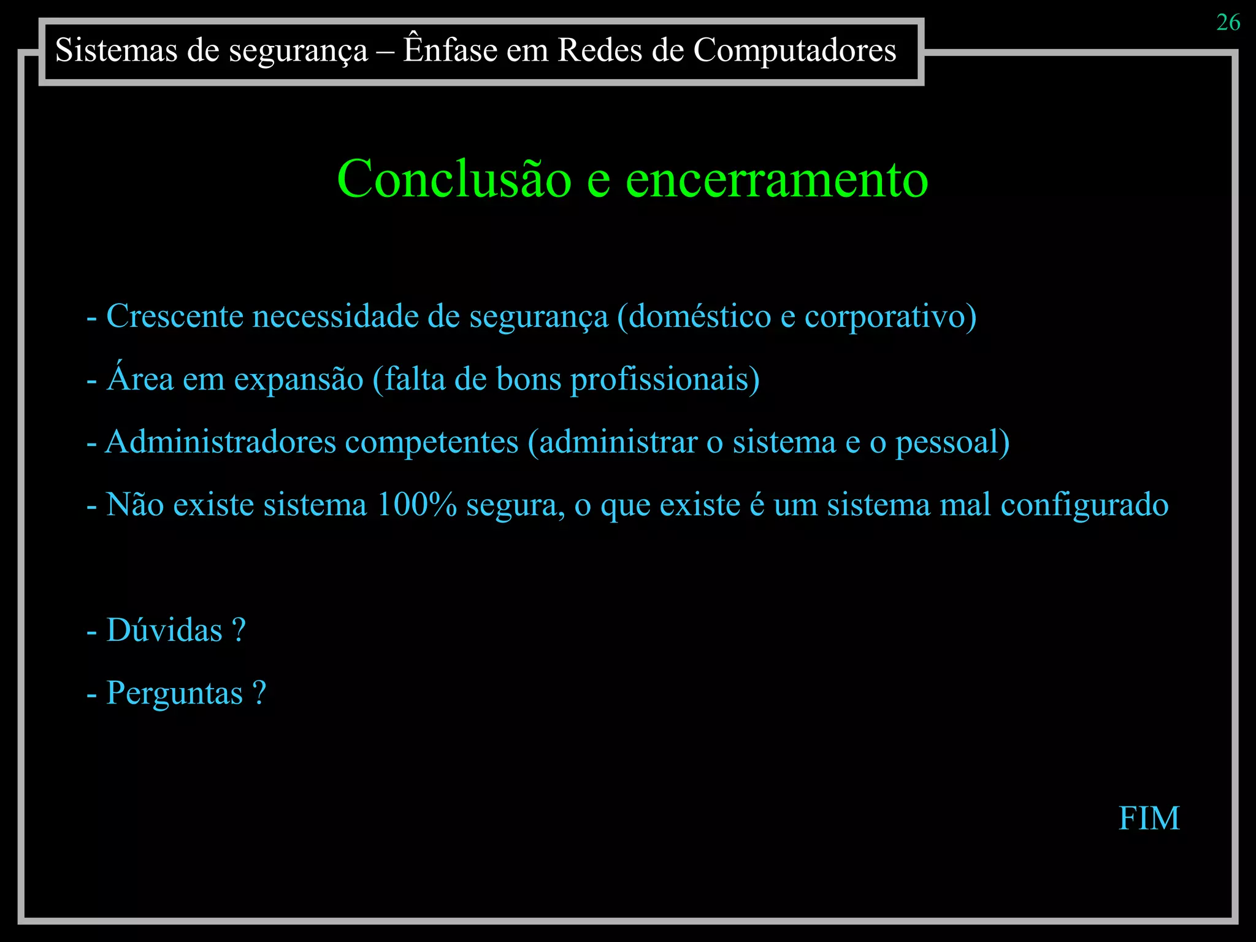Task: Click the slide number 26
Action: click(x=1228, y=23)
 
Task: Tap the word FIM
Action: click(x=1149, y=818)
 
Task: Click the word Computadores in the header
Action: click(x=795, y=50)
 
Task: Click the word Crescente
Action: click(x=175, y=316)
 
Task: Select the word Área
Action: click(x=140, y=378)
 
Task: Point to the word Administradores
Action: click(x=221, y=442)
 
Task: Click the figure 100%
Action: click(x=416, y=505)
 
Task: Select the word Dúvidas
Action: click(x=164, y=630)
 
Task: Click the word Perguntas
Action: click(x=175, y=694)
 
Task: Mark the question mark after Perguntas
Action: click(x=259, y=692)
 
